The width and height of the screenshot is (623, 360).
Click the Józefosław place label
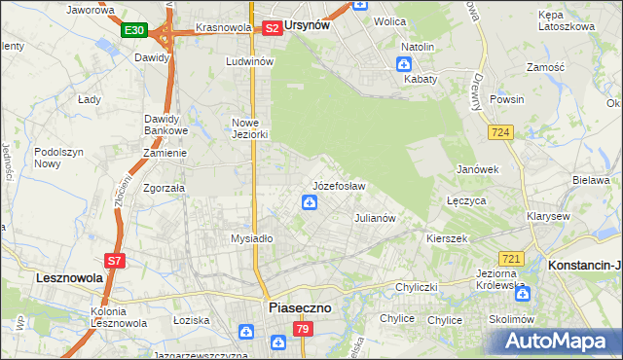tap(339, 185)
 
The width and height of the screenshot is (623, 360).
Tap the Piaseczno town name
tap(299, 307)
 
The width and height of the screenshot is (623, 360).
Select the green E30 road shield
tap(134, 31)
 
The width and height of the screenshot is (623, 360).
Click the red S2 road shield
tap(273, 28)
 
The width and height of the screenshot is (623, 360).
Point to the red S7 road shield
tap(114, 261)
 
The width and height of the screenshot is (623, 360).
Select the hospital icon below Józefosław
tap(309, 202)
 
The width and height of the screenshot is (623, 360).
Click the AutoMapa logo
tap(556, 342)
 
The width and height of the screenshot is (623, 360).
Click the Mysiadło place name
tap(251, 237)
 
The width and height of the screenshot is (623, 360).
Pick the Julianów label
tap(375, 218)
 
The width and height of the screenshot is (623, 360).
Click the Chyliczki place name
tap(419, 287)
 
